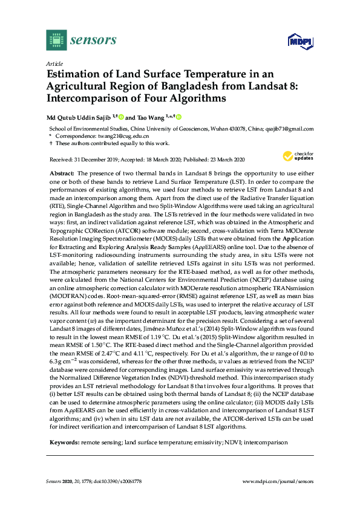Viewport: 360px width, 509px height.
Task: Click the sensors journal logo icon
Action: pyautogui.click(x=56, y=41)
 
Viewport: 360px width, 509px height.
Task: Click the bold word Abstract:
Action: pyautogui.click(x=63, y=172)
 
